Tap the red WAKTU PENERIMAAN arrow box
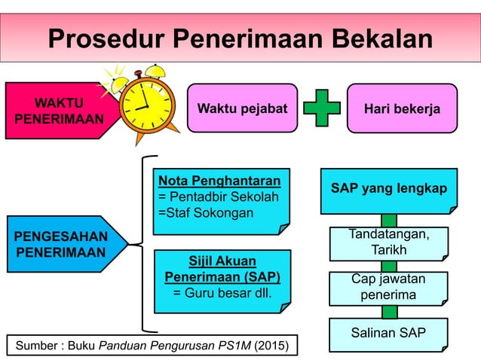click(x=57, y=111)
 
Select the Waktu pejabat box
click(x=242, y=108)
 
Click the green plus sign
click(x=322, y=108)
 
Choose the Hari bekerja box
click(x=402, y=108)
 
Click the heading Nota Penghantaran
click(x=219, y=181)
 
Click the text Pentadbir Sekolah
click(x=223, y=197)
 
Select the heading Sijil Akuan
click(x=222, y=261)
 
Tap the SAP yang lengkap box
click(x=388, y=188)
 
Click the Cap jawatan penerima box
click(x=388, y=287)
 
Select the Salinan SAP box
click(x=388, y=333)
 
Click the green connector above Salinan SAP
click(x=389, y=311)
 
